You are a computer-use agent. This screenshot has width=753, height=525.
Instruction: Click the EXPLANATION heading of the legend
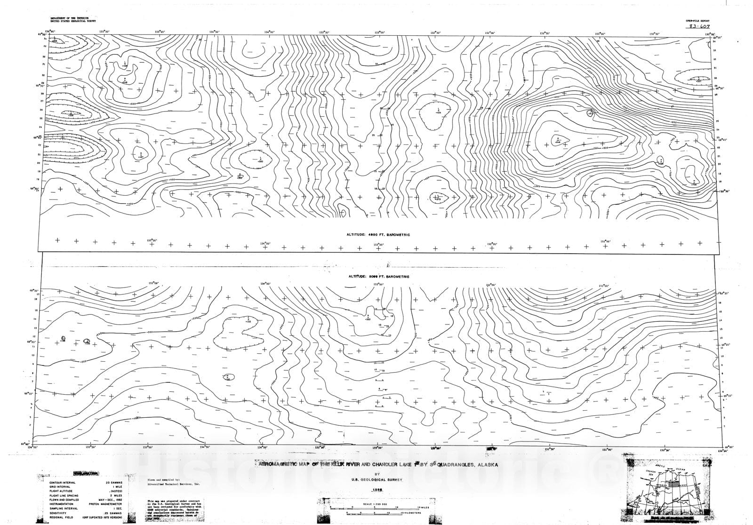pos(85,474)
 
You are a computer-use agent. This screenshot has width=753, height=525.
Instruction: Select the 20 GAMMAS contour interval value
pos(112,482)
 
